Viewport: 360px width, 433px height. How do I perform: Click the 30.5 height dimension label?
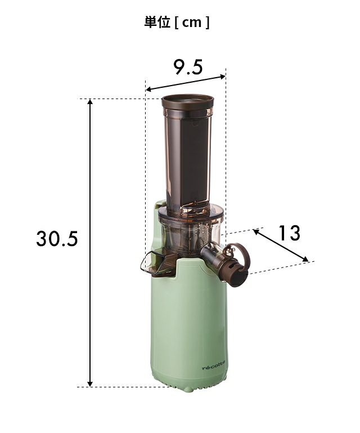click(x=57, y=238)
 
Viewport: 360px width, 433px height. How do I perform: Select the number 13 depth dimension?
click(x=289, y=233)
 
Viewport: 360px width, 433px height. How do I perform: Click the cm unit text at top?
click(x=192, y=23)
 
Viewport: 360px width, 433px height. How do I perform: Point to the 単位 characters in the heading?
click(x=157, y=22)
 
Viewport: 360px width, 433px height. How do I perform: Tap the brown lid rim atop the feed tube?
click(x=187, y=101)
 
